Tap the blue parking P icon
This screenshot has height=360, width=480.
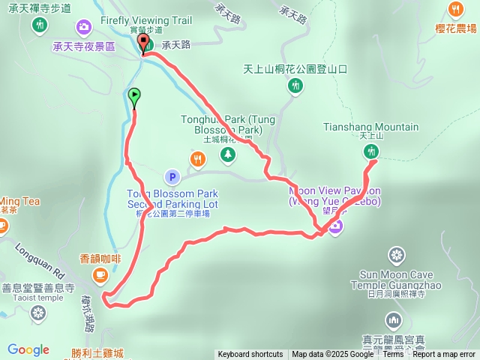[172, 178]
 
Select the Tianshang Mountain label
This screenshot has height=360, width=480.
[370, 127]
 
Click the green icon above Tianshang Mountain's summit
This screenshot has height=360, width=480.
[370, 152]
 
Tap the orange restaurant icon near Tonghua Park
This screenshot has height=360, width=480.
[197, 158]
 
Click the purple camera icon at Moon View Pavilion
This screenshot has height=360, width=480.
[335, 225]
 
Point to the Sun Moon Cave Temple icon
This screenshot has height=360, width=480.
[395, 255]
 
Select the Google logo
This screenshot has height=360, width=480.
[28, 349]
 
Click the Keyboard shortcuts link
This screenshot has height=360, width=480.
[250, 355]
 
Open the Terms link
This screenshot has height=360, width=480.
[393, 355]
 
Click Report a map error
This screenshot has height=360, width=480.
[445, 355]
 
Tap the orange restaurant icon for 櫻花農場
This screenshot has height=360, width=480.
[455, 10]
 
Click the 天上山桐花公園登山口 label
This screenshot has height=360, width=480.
[295, 68]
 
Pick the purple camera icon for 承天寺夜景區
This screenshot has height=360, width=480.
[83, 27]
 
